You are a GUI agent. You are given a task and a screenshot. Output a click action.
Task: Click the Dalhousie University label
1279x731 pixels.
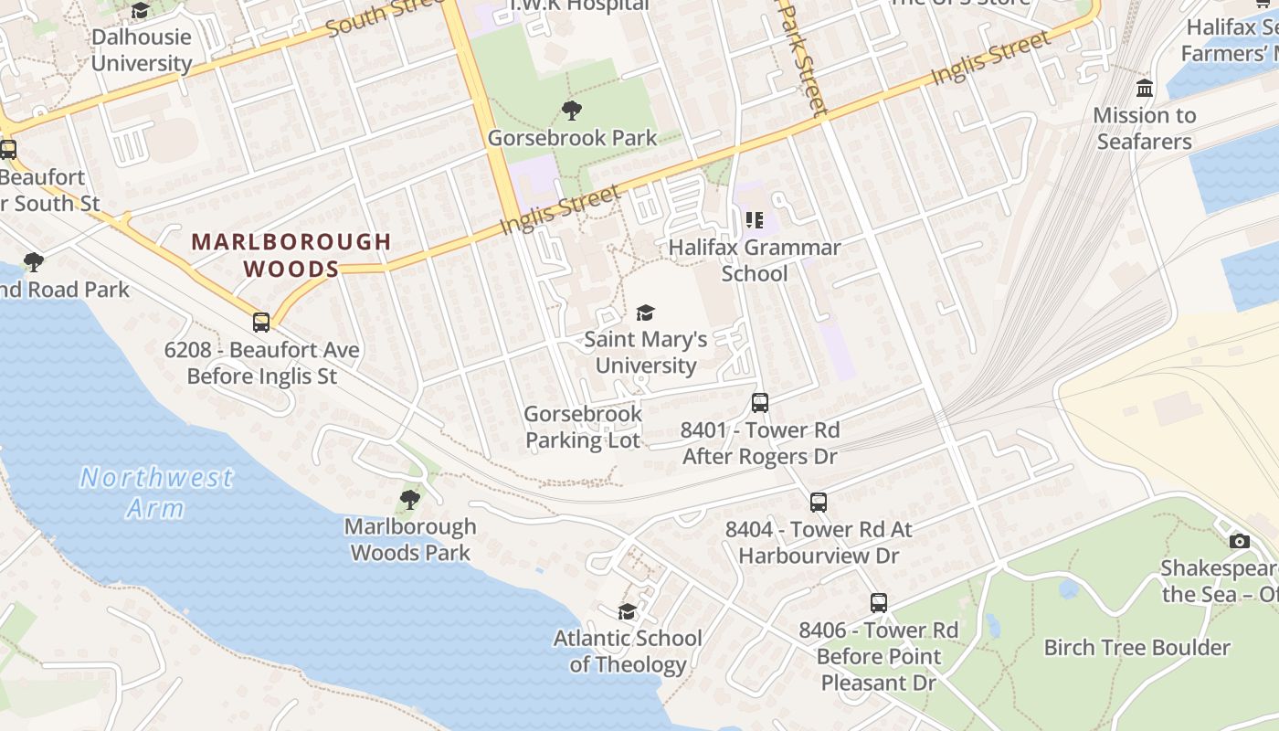[x=142, y=50]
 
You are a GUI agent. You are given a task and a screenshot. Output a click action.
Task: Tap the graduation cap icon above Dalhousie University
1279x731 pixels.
[x=140, y=11]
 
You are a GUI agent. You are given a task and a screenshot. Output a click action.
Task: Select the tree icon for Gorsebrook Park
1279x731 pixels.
[x=572, y=111]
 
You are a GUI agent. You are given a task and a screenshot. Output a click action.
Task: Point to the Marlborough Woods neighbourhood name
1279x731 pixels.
[x=291, y=255]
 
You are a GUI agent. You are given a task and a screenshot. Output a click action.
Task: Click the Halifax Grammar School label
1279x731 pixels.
[x=755, y=260]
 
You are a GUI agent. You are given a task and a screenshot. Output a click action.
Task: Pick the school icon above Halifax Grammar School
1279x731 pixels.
[x=755, y=219]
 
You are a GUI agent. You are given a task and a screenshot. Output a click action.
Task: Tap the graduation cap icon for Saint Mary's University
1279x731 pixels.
[x=646, y=313]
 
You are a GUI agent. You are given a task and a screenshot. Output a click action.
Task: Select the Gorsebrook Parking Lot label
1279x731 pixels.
[x=583, y=427]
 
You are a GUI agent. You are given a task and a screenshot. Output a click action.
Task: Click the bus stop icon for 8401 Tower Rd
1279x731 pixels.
[x=760, y=402]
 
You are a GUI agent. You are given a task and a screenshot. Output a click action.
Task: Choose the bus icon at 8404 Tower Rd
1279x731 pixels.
[x=819, y=502]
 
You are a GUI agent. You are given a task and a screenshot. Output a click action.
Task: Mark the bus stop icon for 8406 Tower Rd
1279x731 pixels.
[x=878, y=603]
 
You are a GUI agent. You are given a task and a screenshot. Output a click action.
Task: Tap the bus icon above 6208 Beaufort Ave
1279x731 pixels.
[x=261, y=322]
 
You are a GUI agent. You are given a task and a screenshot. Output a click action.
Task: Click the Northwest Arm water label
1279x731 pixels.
[x=156, y=492]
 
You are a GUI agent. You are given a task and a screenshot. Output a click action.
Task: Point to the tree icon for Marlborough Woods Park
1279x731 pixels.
[x=410, y=499]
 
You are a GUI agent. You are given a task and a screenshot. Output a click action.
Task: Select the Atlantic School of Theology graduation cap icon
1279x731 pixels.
[x=627, y=611]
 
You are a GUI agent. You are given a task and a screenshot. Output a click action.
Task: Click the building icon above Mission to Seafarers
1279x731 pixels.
[x=1144, y=89]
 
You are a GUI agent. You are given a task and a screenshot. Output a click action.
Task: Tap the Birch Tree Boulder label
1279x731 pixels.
[x=1136, y=648]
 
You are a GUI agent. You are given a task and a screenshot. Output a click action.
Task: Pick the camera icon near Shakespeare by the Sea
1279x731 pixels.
[x=1239, y=541]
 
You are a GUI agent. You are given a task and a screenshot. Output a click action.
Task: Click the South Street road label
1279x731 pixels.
[x=384, y=16]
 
